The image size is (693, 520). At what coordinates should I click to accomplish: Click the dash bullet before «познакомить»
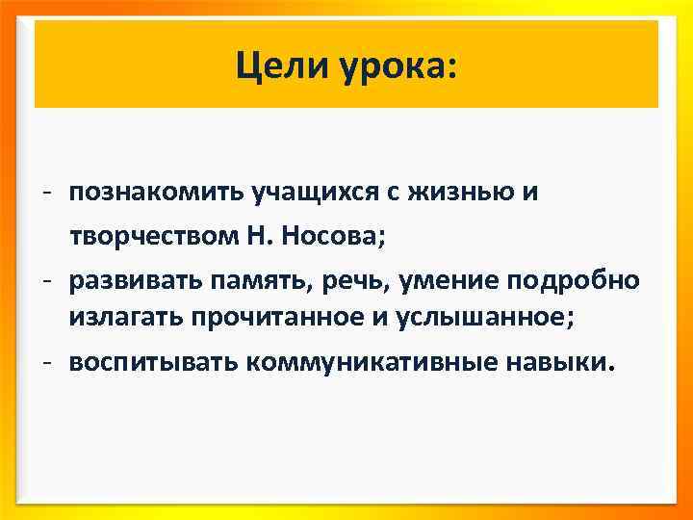coord(46,193)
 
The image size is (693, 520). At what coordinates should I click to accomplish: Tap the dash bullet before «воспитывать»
coord(46,363)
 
